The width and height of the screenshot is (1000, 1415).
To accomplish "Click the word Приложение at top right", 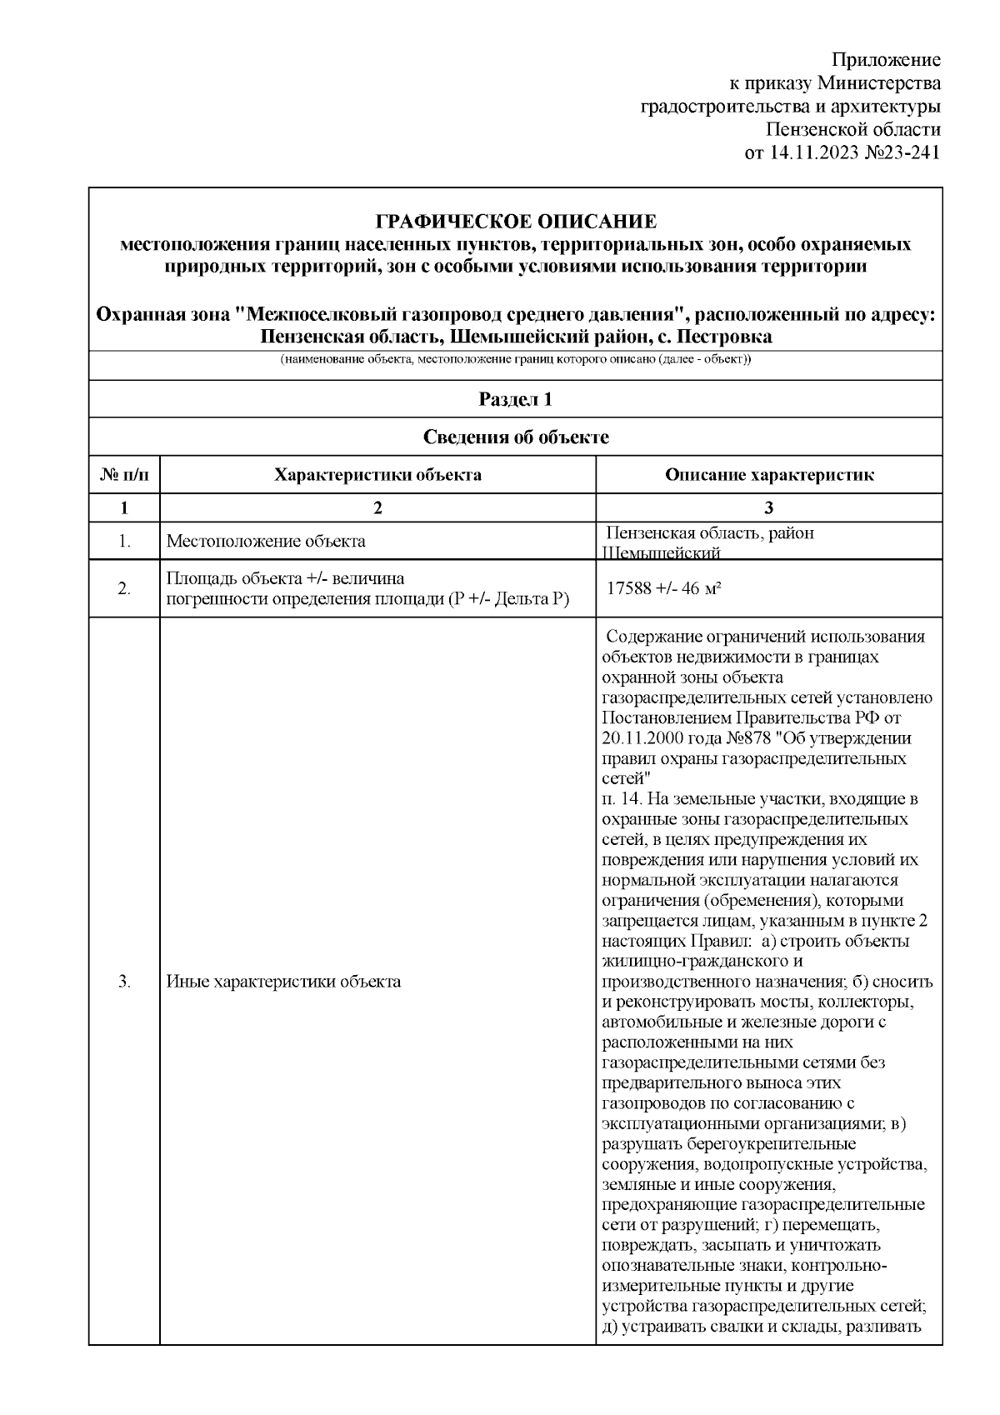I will coord(887,60).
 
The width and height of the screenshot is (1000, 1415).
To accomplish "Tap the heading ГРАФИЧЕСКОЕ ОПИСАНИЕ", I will coord(516,222).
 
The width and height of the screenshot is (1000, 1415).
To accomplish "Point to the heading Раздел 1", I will coord(516,399).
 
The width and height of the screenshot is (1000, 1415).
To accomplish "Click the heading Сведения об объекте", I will coord(516,437).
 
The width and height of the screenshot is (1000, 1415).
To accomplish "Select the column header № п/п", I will coord(124,475).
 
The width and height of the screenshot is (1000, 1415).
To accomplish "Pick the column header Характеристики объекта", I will coord(377,475).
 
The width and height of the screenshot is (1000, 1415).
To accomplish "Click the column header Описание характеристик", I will coord(768,475).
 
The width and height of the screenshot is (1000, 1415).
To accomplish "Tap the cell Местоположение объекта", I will coord(266,541).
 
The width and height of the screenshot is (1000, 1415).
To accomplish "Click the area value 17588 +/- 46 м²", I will coord(663,588).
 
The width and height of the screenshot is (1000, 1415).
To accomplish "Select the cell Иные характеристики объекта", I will coord(283,981).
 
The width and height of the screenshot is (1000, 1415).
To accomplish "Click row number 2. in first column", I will coord(124,588).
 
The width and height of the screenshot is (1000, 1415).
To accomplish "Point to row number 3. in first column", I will coord(124,981).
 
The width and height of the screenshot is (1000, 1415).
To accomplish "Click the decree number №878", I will coord(745,738).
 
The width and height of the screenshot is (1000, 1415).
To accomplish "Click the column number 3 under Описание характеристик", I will coord(768,507).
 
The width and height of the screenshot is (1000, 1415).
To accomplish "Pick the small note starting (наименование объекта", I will coord(516,360).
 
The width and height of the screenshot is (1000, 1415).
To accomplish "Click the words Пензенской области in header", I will coord(853,130).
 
